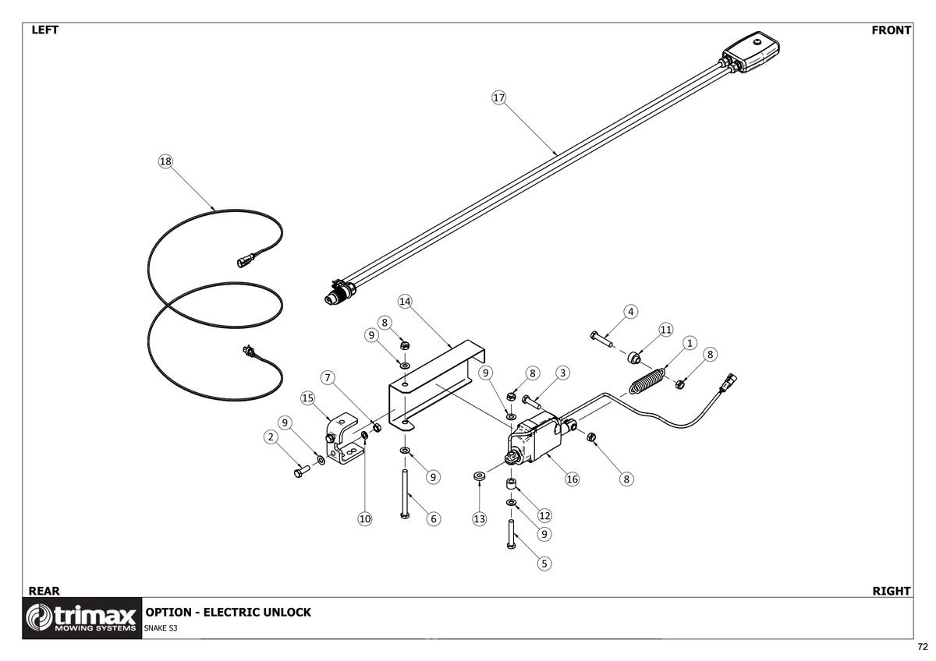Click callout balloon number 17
[x=499, y=97]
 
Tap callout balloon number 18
[x=165, y=161]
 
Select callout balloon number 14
[x=404, y=301]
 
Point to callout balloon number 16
[x=573, y=479]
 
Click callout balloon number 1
[x=690, y=343]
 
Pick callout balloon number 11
[x=665, y=330]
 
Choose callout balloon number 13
[x=479, y=518]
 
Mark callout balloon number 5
[x=544, y=562]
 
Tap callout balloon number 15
[x=307, y=398]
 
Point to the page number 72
[x=923, y=647]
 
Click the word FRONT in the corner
[x=891, y=30]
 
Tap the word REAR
[x=44, y=591]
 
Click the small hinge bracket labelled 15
[x=343, y=440]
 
